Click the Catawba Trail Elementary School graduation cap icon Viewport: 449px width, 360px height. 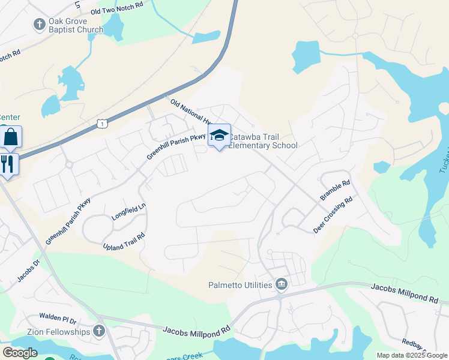(219, 136)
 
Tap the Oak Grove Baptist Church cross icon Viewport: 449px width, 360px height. (40, 25)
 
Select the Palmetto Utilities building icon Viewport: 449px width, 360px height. (280, 284)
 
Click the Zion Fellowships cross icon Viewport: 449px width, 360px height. (99, 331)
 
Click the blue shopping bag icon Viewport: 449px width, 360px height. (11, 137)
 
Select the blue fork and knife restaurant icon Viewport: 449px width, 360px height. (8, 164)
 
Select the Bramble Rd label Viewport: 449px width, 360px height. (335, 191)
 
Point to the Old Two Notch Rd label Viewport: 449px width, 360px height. (116, 8)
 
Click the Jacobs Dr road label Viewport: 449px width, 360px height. (28, 271)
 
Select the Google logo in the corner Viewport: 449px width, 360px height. (20, 353)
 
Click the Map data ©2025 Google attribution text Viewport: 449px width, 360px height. (411, 355)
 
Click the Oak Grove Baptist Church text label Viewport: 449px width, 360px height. (76, 25)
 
